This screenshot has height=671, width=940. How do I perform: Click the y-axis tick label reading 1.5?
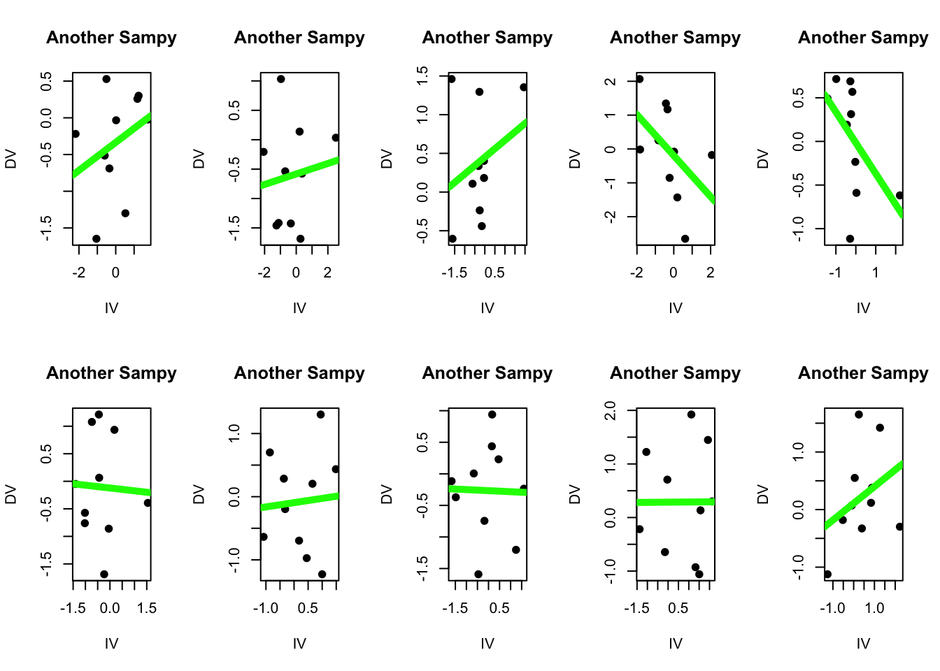click(422, 75)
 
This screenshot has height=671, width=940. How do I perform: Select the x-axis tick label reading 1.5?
click(147, 608)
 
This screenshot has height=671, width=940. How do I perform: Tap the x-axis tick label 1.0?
click(874, 608)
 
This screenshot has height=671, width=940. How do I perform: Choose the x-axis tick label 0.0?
click(110, 608)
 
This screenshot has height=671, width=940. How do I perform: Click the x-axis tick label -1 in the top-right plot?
click(835, 273)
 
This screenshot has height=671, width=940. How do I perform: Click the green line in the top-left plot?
click(112, 145)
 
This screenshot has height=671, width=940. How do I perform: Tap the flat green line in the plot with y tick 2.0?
click(675, 502)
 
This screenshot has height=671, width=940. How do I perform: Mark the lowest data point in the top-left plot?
click(97, 239)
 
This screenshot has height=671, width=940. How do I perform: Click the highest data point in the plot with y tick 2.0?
click(691, 414)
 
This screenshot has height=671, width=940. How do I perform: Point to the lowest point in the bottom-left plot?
click(104, 575)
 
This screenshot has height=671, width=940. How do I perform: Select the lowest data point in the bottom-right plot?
click(828, 575)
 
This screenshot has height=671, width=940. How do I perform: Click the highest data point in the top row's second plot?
click(280, 79)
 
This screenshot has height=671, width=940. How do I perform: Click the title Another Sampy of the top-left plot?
click(111, 38)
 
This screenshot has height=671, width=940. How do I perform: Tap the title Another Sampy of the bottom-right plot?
click(863, 373)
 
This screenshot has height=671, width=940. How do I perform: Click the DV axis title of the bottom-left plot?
click(10, 494)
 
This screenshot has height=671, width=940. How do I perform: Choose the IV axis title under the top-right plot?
click(863, 308)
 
